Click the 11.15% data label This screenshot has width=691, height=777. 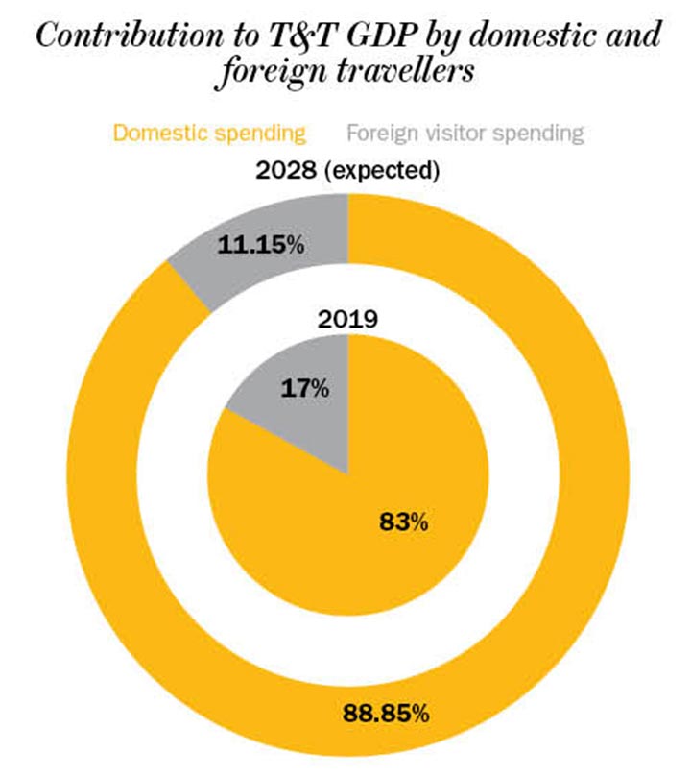coord(261,244)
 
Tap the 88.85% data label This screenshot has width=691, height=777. coord(386,714)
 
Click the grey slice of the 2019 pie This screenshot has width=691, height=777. coord(288,423)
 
